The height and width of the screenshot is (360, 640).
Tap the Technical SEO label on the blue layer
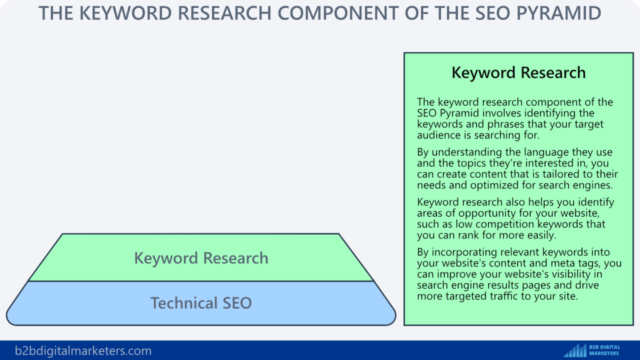(201, 303)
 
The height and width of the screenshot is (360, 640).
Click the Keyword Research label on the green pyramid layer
(201, 258)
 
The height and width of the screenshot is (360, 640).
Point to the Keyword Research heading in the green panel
(518, 73)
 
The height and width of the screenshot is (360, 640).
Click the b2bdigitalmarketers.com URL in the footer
(83, 351)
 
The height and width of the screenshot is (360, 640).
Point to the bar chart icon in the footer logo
(574, 350)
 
